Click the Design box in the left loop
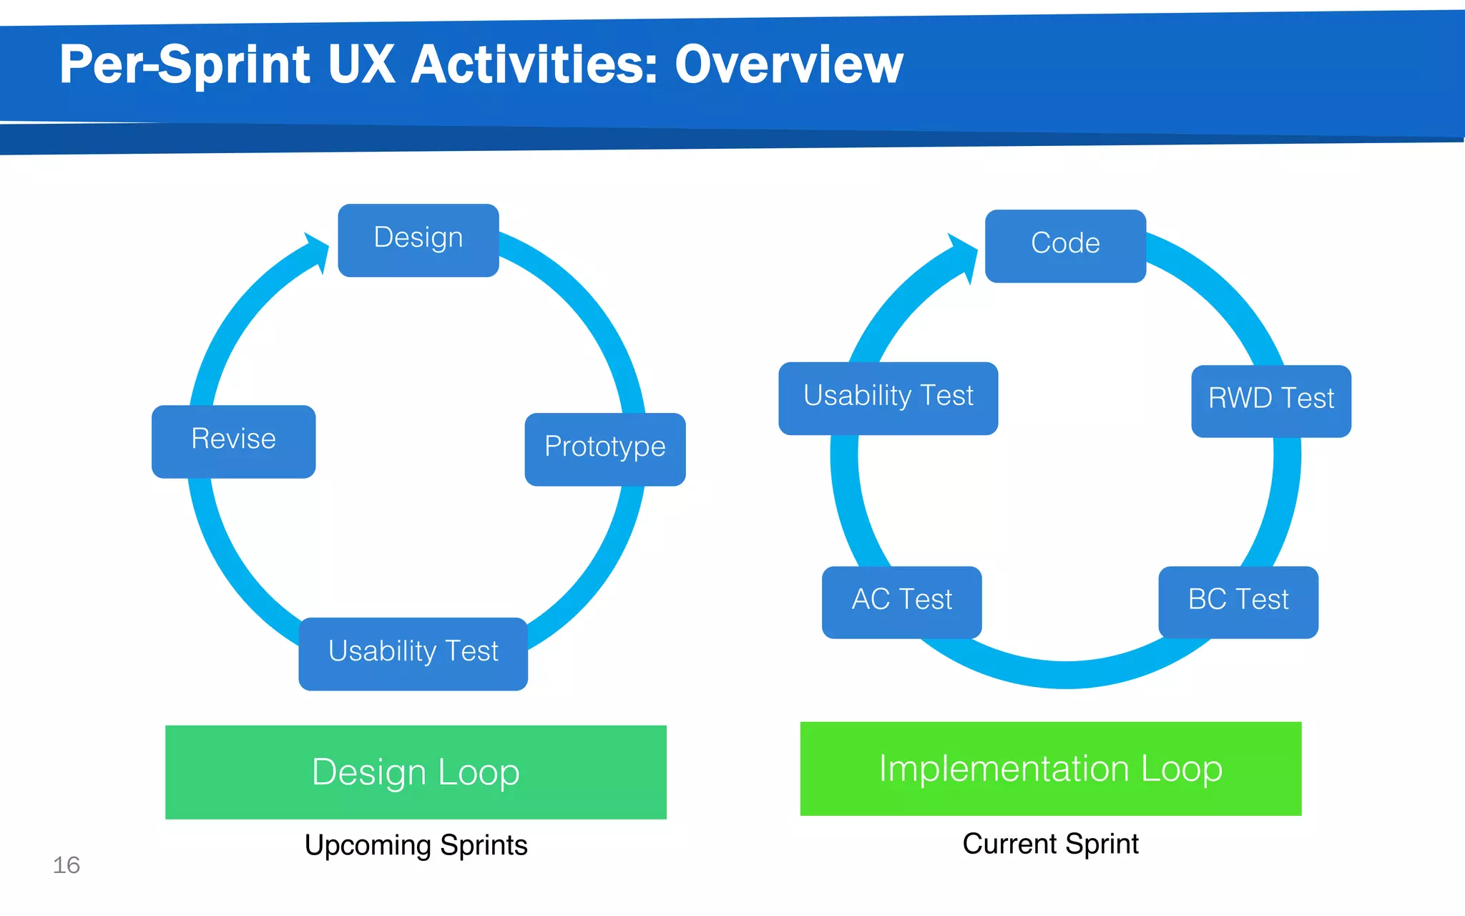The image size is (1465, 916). pyautogui.click(x=418, y=240)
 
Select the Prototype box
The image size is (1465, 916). pyautogui.click(x=605, y=449)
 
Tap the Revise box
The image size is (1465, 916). pyautogui.click(x=234, y=442)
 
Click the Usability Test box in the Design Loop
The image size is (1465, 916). pyautogui.click(x=413, y=653)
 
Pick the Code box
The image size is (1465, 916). pyautogui.click(x=1065, y=245)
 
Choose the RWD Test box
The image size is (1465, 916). pyautogui.click(x=1271, y=401)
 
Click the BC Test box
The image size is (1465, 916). pyautogui.click(x=1238, y=602)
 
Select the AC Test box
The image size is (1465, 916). pyautogui.click(x=902, y=602)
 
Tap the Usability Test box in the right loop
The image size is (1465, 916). pyautogui.click(x=888, y=398)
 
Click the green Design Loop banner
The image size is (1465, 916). pyautogui.click(x=416, y=772)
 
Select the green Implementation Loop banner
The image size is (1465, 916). pyautogui.click(x=1051, y=769)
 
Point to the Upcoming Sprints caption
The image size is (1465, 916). pyautogui.click(x=416, y=845)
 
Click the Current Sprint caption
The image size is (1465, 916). pyautogui.click(x=1050, y=844)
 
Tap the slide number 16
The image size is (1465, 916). pyautogui.click(x=67, y=865)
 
